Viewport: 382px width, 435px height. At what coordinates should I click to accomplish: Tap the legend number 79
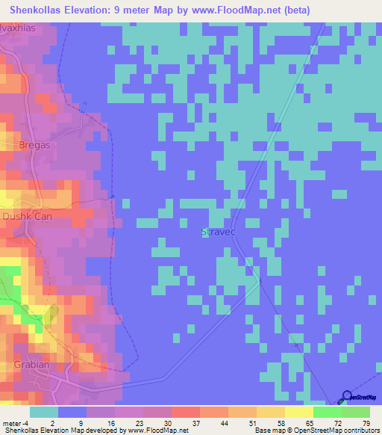coord(366,424)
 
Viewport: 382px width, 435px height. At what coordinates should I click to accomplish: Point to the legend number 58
coord(281,424)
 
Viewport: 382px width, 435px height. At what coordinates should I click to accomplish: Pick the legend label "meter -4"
coord(16,424)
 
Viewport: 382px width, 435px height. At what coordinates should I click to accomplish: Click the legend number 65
coord(310,424)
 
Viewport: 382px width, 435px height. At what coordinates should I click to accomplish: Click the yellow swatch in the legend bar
coord(298,412)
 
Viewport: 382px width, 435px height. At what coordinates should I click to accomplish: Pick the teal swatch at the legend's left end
coord(44,412)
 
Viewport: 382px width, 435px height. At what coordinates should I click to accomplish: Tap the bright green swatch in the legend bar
coord(327,412)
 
